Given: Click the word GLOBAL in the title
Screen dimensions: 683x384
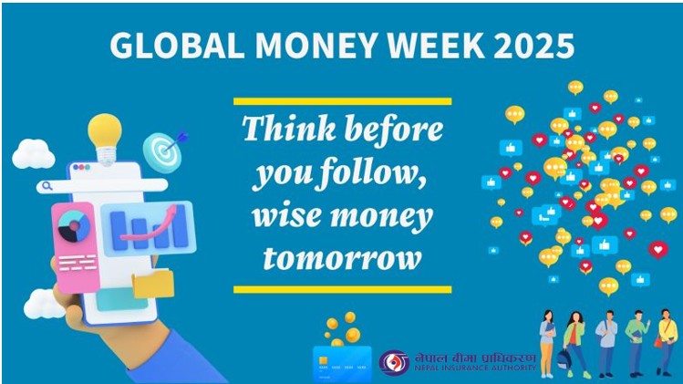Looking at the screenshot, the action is pyautogui.click(x=177, y=46).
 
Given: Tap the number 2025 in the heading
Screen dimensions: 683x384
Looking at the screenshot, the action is pyautogui.click(x=534, y=46).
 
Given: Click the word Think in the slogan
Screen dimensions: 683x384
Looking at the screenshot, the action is pyautogui.click(x=289, y=129).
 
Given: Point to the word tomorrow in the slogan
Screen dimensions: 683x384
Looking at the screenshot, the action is pyautogui.click(x=342, y=258).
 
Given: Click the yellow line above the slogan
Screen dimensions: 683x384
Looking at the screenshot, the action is pyautogui.click(x=342, y=101).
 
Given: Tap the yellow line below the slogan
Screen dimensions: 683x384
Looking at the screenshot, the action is pyautogui.click(x=342, y=289).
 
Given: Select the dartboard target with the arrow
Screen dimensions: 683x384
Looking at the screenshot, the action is pyautogui.click(x=164, y=151).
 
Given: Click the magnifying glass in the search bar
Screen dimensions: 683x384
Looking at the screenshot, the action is pyautogui.click(x=47, y=186).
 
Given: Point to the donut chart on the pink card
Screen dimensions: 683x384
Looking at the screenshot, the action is pyautogui.click(x=74, y=226).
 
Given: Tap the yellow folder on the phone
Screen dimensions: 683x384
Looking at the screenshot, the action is pyautogui.click(x=153, y=284).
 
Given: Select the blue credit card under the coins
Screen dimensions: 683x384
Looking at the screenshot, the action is pyautogui.click(x=342, y=364).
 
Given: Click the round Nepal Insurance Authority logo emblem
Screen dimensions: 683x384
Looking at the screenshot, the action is pyautogui.click(x=394, y=362).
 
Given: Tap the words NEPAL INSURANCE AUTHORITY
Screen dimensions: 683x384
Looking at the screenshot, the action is pyautogui.click(x=475, y=368).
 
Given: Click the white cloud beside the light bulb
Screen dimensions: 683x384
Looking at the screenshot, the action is pyautogui.click(x=33, y=154).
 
